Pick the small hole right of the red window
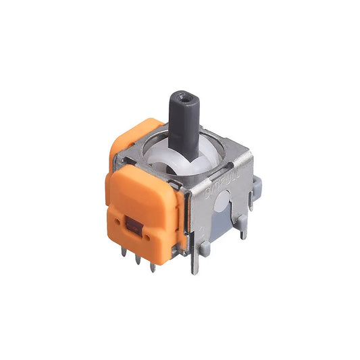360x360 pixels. click(x=143, y=234)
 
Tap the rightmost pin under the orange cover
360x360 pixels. click(x=153, y=266)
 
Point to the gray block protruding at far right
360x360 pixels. click(x=257, y=183)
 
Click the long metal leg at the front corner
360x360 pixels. click(x=196, y=260)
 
